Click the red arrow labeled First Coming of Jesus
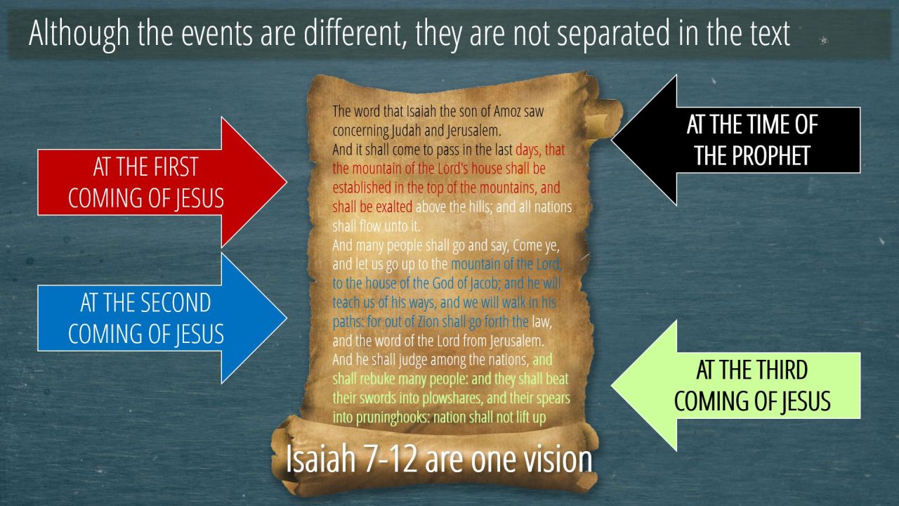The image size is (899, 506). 161,182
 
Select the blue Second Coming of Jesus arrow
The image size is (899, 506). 161,318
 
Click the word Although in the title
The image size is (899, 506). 79,34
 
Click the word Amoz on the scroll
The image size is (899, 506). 507,111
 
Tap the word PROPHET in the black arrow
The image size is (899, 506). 752,156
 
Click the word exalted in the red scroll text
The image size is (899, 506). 394,207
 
